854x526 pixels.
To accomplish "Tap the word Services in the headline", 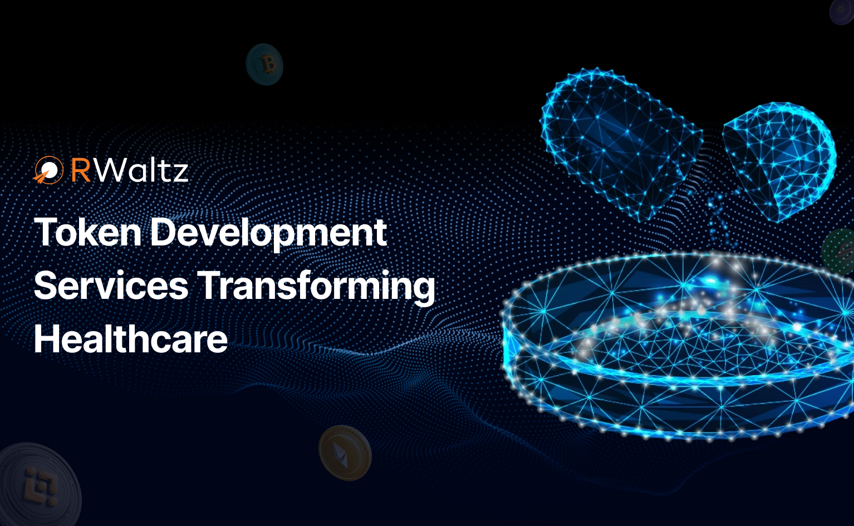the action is [x=111, y=286].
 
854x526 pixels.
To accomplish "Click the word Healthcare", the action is [x=131, y=338].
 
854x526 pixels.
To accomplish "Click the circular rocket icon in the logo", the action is [x=48, y=170].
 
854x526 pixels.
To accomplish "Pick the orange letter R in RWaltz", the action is [x=81, y=170].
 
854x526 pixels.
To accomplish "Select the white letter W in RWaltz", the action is [x=110, y=170].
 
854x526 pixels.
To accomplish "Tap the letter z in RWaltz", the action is [x=179, y=174].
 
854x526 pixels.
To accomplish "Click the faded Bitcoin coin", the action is [x=264, y=64].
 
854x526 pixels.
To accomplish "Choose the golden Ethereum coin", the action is [x=345, y=453].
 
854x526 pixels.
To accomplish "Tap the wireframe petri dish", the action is [x=679, y=345].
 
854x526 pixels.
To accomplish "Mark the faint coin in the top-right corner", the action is [x=842, y=12].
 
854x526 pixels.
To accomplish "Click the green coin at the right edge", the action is [x=839, y=252].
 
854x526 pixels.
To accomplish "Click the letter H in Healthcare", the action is [x=47, y=338].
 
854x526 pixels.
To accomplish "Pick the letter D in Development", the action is [x=164, y=232].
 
